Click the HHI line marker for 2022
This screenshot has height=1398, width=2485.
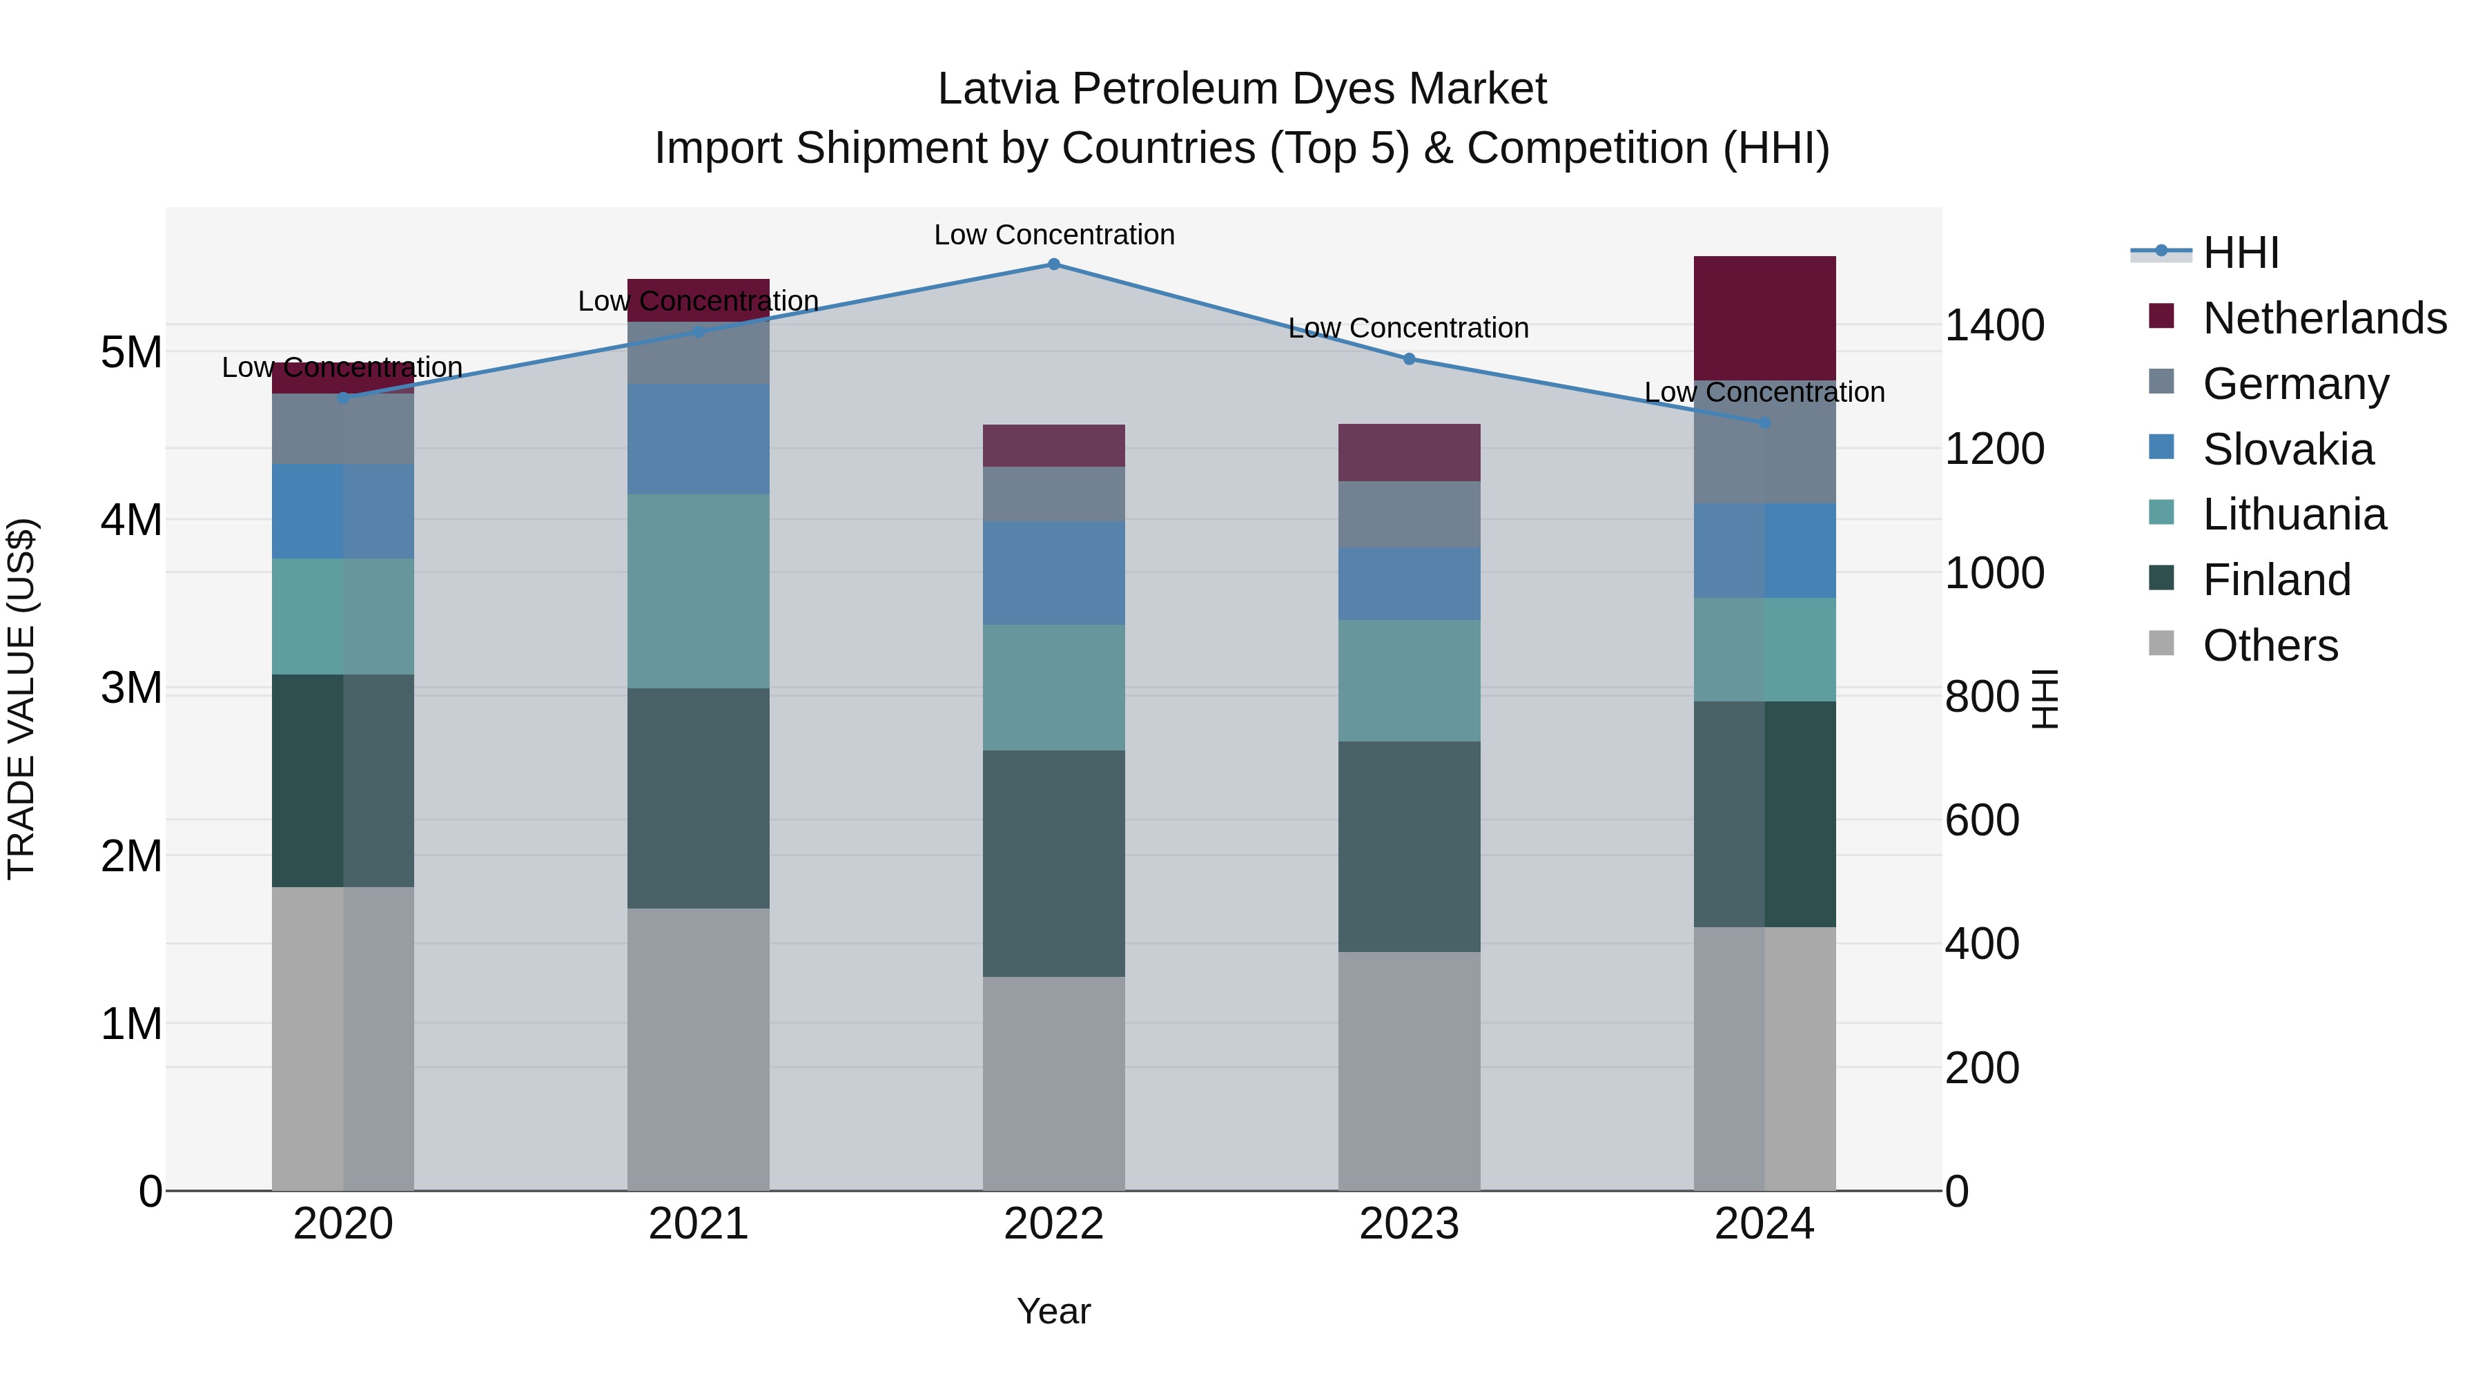(x=1053, y=264)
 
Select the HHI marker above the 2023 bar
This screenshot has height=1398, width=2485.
(x=1408, y=359)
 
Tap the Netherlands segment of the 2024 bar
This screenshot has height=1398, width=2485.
(x=1764, y=318)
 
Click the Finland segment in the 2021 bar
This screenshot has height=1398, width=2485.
(x=699, y=798)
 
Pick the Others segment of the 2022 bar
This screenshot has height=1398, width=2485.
(x=1053, y=1083)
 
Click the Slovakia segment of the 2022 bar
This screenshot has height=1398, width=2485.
(x=1053, y=573)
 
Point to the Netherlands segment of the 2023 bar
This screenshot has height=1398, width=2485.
(x=1408, y=452)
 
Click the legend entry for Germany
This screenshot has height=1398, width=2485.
(x=2296, y=384)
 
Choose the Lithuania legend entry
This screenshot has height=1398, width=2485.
(x=2294, y=514)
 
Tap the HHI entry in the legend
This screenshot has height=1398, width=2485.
(x=2241, y=253)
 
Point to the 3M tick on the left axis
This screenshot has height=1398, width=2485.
(x=131, y=688)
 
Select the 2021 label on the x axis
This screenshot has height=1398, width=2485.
(x=699, y=1224)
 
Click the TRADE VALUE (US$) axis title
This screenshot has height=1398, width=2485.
(x=21, y=699)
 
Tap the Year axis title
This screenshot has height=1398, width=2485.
(x=1053, y=1311)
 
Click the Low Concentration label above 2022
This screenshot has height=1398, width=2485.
(x=1053, y=235)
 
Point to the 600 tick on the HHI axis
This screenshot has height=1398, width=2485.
(x=1981, y=820)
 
